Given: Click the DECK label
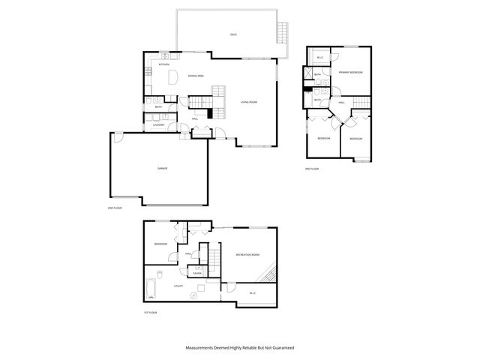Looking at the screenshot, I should [233, 35].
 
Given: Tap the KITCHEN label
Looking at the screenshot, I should [163, 65].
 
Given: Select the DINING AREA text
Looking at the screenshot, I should [197, 76].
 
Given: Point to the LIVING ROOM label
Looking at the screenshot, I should [249, 102].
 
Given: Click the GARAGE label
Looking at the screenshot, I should [162, 168].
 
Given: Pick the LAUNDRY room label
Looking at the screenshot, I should [159, 125].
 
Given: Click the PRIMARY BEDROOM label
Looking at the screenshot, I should [350, 72].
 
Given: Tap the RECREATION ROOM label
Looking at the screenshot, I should [247, 255].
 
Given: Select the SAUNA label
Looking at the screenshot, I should [197, 273].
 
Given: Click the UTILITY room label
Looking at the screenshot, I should [178, 286].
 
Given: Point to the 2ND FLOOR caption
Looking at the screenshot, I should [114, 207].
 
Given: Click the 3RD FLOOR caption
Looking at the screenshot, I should [312, 169].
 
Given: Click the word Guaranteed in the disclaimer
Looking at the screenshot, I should [279, 348].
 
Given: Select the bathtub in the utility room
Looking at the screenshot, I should [151, 289].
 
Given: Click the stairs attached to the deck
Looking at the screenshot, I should [283, 32].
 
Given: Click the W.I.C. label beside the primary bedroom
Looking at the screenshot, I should [319, 57].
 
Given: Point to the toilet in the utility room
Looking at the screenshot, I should [193, 295].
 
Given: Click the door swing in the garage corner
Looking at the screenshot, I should [118, 136].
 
